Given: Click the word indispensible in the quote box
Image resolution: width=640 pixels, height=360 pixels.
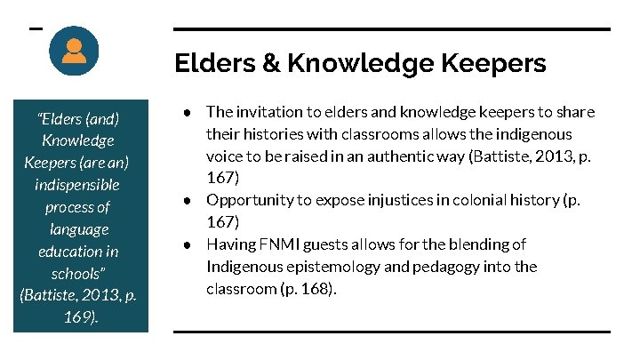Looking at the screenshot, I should (x=77, y=185).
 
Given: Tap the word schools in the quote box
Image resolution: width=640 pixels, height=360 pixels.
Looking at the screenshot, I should (x=76, y=273).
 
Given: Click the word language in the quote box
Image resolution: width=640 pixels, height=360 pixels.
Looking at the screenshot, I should (x=77, y=229).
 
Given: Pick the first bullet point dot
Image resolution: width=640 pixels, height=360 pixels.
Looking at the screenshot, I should (x=188, y=113).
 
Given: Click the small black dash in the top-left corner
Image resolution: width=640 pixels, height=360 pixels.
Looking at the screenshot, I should (x=36, y=28).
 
